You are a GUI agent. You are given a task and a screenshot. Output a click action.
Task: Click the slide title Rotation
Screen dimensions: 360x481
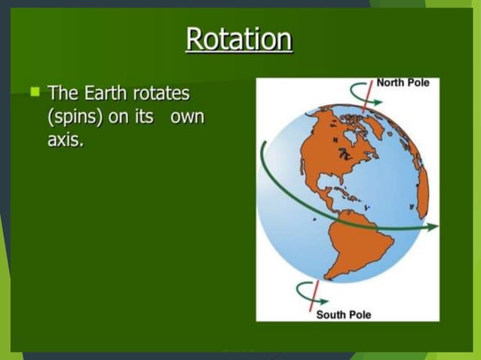click(239, 39)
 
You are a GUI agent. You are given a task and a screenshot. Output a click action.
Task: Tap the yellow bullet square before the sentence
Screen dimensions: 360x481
click(35, 92)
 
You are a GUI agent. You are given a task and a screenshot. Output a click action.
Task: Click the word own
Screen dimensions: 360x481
click(188, 119)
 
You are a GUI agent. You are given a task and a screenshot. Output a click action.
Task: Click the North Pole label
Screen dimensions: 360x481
click(403, 82)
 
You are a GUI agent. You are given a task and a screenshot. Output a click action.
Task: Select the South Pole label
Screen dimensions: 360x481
click(343, 314)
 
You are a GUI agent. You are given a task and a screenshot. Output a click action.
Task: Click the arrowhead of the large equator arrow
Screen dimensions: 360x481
click(436, 227)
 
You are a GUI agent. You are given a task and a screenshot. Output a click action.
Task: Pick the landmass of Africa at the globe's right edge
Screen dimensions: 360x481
click(423, 193)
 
